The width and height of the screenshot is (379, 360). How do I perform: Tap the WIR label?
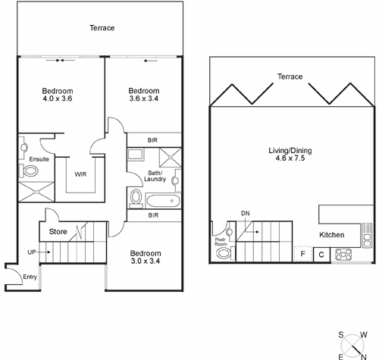(x=80, y=174)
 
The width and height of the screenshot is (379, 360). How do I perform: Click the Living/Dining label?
(x=290, y=150)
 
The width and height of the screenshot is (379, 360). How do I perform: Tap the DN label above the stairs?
(x=245, y=214)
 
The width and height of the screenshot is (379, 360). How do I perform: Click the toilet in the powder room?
(x=222, y=253)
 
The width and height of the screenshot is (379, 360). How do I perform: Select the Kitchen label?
(x=333, y=235)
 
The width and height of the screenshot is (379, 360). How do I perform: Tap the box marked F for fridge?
(x=303, y=254)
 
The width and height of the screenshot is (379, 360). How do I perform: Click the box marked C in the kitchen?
(x=321, y=254)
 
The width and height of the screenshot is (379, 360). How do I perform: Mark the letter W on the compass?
(x=364, y=334)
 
